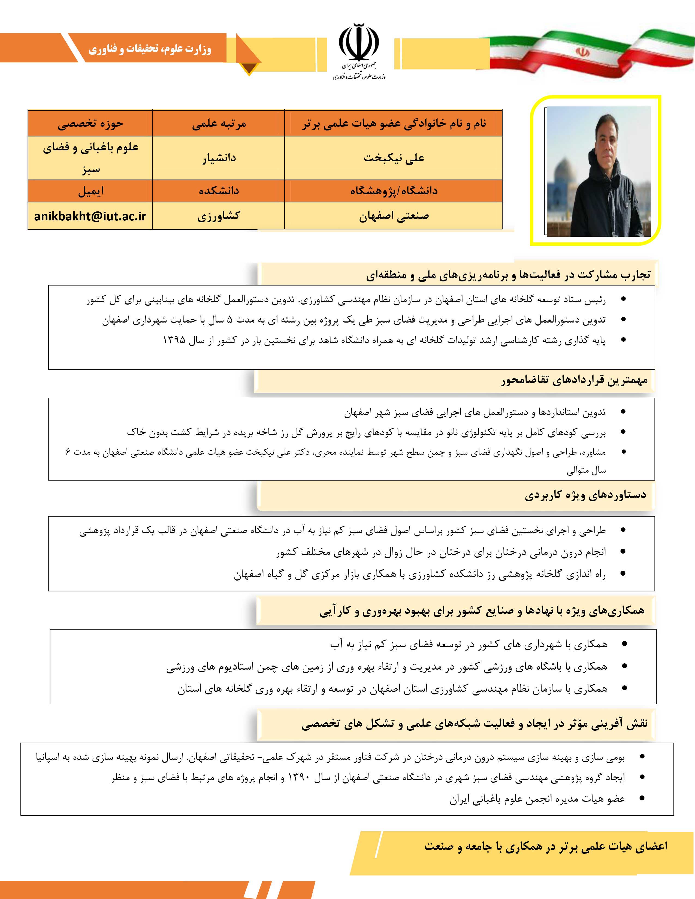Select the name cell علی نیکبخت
[x=393, y=158]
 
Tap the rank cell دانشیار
[x=219, y=158]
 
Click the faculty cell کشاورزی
[x=219, y=216]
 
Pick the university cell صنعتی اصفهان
[x=393, y=216]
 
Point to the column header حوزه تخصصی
[x=90, y=123]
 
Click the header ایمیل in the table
[x=90, y=191]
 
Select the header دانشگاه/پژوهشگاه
[x=393, y=191]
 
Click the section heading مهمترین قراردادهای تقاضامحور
[x=574, y=380]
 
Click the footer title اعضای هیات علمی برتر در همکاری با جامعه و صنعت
[x=546, y=846]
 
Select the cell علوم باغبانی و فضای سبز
[x=90, y=158]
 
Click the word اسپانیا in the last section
[x=49, y=757]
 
